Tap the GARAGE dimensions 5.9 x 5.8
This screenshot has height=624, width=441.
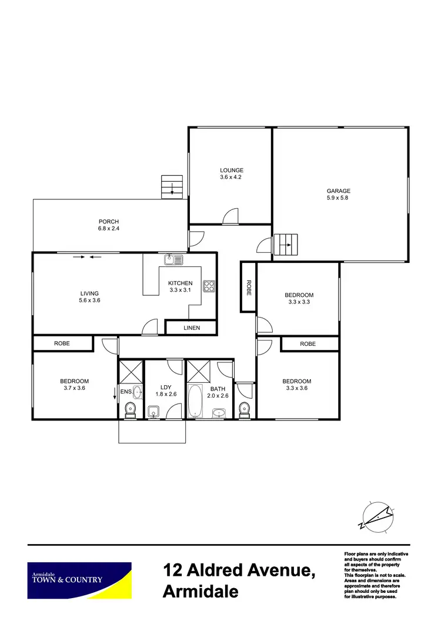pos(339,198)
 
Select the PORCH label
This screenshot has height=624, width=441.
pos(109,222)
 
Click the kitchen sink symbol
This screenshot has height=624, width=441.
pos(174,258)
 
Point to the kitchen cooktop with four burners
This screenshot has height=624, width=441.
pos(209,286)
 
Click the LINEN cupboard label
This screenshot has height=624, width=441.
pos(192,328)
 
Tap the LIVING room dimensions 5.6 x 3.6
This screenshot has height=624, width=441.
pos(89,301)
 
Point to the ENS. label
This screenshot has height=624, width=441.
pos(126,391)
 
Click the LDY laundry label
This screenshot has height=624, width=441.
pos(165,387)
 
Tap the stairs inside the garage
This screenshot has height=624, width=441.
pos(288,245)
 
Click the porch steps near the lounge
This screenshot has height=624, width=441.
pos(172,187)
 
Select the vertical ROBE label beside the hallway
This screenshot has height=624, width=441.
pos(249,286)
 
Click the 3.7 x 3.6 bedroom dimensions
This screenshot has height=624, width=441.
pos(73,388)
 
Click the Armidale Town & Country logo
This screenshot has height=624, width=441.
pos(79,580)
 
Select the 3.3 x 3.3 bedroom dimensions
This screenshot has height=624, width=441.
pos(299,302)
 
